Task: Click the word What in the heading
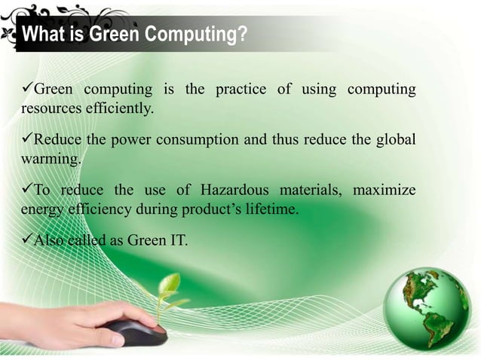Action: [40, 35]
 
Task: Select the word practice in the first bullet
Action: [240, 90]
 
